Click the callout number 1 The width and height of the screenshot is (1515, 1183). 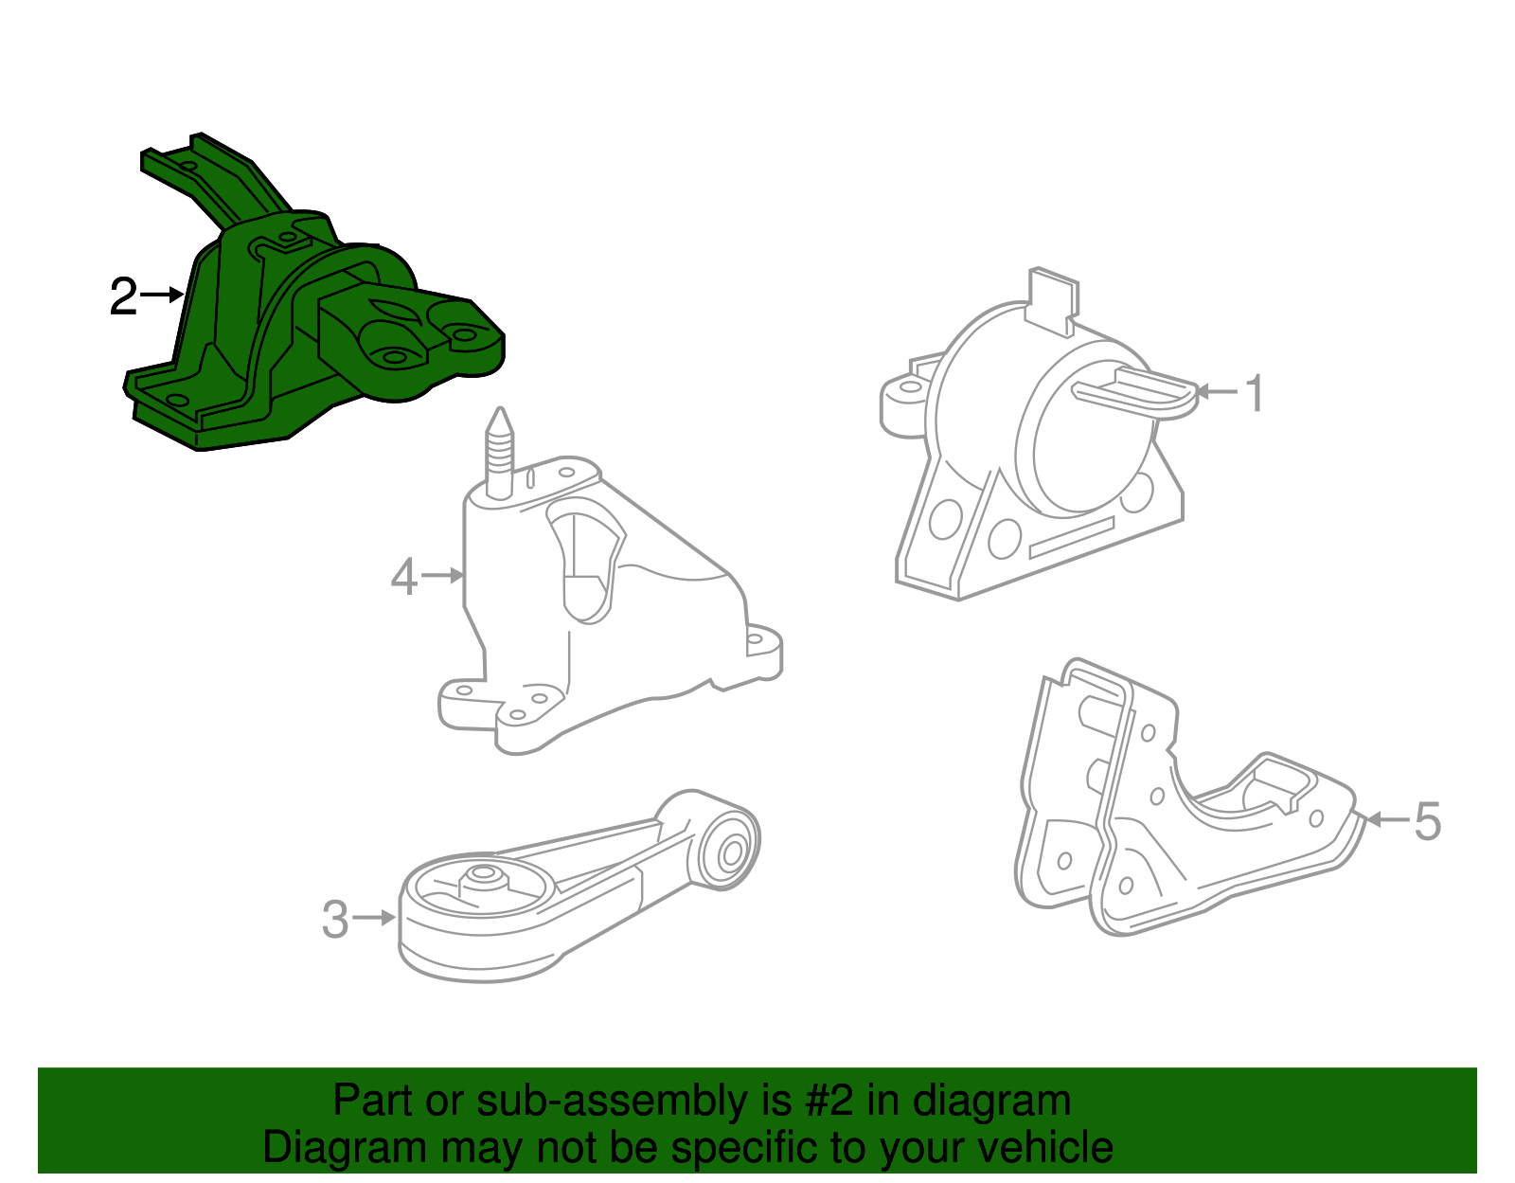1255,393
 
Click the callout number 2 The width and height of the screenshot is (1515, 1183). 123,296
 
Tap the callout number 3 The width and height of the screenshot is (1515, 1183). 335,920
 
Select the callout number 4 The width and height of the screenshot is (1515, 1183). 404,577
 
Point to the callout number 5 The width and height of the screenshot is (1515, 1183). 1427,821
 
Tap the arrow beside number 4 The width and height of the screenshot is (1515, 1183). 443,575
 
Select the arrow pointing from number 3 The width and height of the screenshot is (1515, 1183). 375,918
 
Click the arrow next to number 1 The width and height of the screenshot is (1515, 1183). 1218,391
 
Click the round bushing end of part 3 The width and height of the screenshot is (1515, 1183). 730,850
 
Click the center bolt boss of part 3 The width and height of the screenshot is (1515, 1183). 483,875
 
